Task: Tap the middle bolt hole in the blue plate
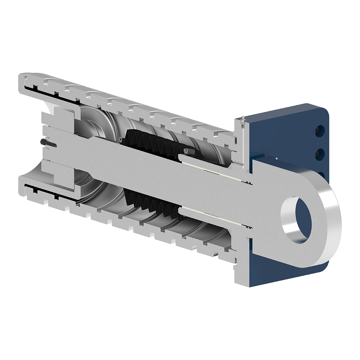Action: [319, 154]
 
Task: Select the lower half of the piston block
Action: [61, 180]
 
